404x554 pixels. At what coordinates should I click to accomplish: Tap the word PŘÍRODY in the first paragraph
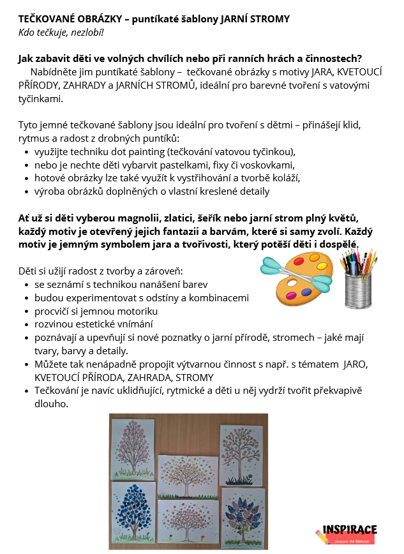(x=38, y=86)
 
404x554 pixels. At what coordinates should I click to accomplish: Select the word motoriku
(x=137, y=311)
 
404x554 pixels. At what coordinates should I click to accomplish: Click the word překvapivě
(x=338, y=390)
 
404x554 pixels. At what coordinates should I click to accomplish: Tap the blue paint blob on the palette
(x=306, y=292)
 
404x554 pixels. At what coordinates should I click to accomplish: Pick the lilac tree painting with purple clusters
(x=244, y=513)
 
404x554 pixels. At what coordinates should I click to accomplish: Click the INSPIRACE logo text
(x=350, y=530)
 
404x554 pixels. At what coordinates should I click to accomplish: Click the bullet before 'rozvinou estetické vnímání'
(x=26, y=324)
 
